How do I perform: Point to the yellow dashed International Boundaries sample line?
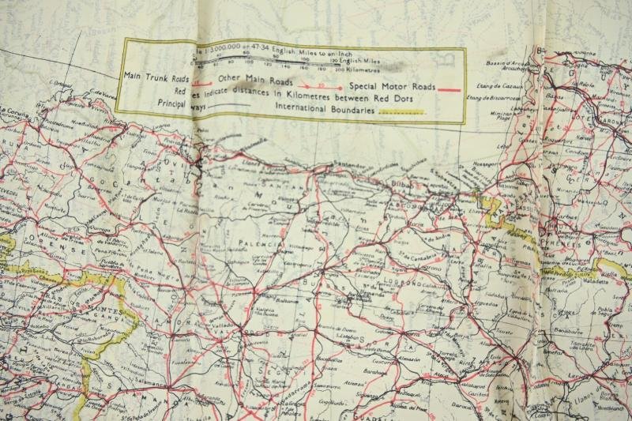click(x=403, y=114)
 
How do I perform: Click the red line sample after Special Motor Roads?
click(x=448, y=90)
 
